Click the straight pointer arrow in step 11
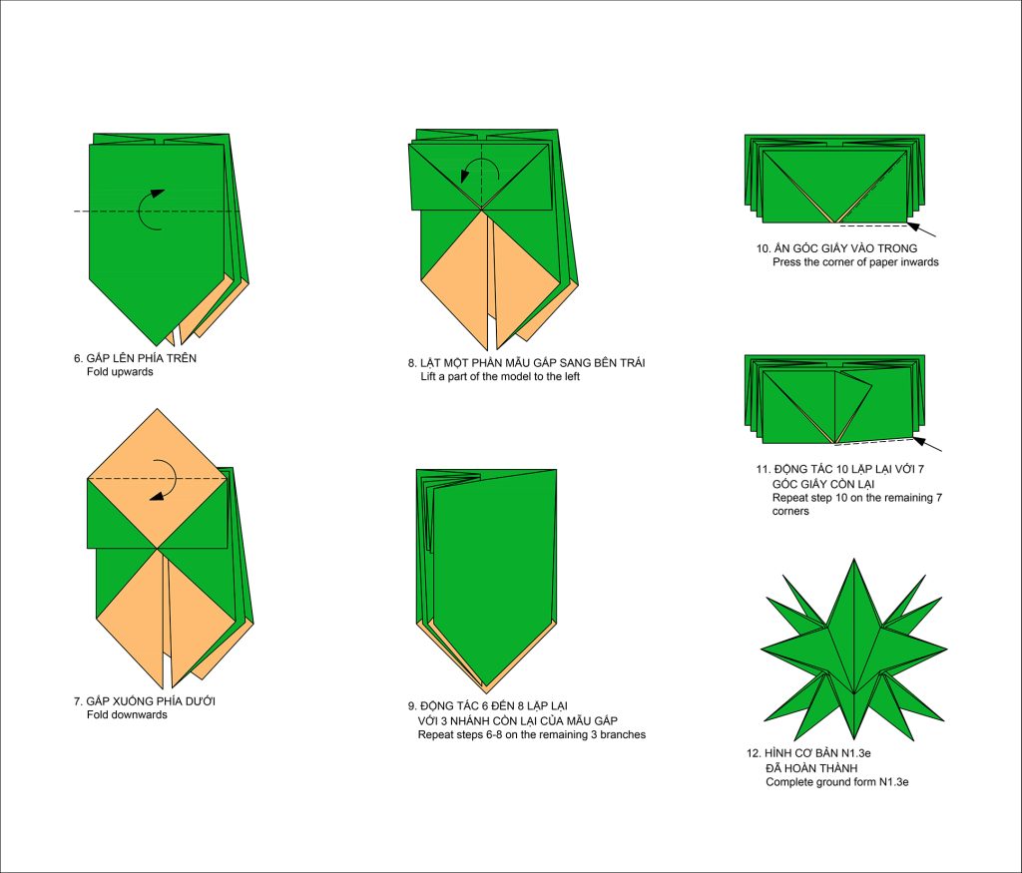927,444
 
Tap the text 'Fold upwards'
120,372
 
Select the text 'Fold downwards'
127,714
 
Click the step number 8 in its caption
412,363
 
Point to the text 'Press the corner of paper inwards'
855,261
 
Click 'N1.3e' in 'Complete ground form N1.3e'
893,782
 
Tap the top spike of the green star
854,559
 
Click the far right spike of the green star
946,649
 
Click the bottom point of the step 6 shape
157,345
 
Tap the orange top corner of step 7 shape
157,409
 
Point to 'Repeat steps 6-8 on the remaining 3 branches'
532,734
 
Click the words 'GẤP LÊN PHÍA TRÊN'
142,357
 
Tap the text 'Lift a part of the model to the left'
500,376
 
